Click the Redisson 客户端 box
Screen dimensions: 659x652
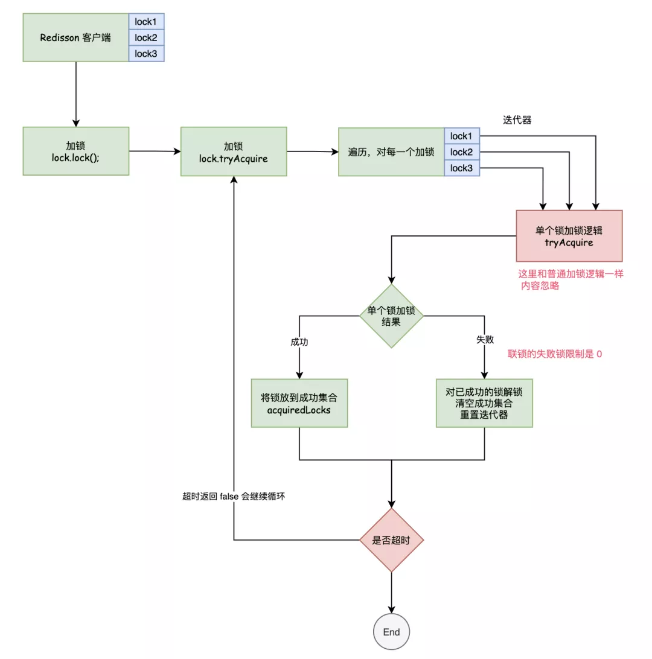pyautogui.click(x=75, y=37)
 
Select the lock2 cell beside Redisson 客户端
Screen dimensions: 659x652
pyautogui.click(x=146, y=37)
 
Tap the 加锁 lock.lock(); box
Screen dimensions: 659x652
pyautogui.click(x=75, y=151)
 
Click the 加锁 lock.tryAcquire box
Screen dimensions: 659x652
pyautogui.click(x=233, y=151)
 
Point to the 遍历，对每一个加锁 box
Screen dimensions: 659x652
pyautogui.click(x=391, y=152)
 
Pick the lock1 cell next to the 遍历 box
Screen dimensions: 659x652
pyautogui.click(x=462, y=136)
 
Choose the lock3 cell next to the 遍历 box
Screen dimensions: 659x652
pyautogui.click(x=462, y=168)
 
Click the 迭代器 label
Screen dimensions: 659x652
pyautogui.click(x=517, y=120)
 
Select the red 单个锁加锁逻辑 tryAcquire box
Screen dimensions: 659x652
pyautogui.click(x=569, y=235)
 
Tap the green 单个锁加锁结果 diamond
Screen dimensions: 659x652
pyautogui.click(x=391, y=316)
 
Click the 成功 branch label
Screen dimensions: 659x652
pyautogui.click(x=299, y=342)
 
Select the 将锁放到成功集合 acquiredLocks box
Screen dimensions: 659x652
pyautogui.click(x=299, y=403)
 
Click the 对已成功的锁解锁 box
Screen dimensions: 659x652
pyautogui.click(x=485, y=403)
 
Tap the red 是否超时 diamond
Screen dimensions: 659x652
pyautogui.click(x=391, y=540)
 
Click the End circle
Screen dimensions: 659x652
pyautogui.click(x=391, y=632)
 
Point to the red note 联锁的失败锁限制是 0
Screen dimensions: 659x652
pyautogui.click(x=555, y=354)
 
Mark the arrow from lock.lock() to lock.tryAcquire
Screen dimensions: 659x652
pyautogui.click(x=155, y=151)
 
